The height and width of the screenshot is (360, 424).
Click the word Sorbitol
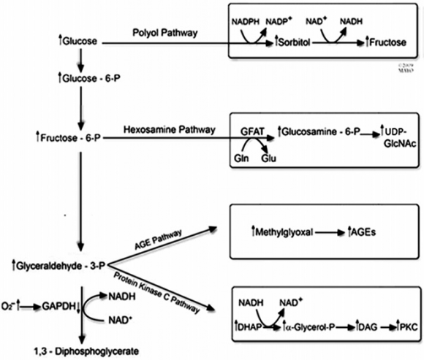(298, 42)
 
